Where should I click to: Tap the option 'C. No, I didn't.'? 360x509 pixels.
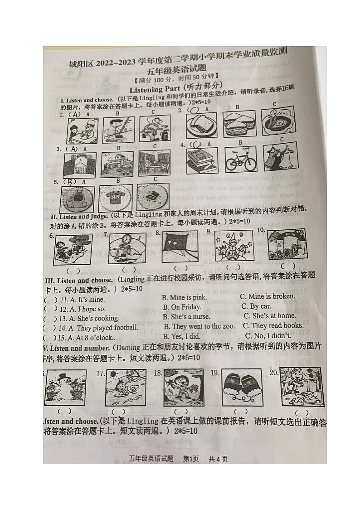(268, 335)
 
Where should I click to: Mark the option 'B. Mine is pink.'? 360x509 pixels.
(184, 297)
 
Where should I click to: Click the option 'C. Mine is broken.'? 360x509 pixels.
(268, 296)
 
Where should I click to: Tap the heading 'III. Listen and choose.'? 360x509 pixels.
(79, 281)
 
